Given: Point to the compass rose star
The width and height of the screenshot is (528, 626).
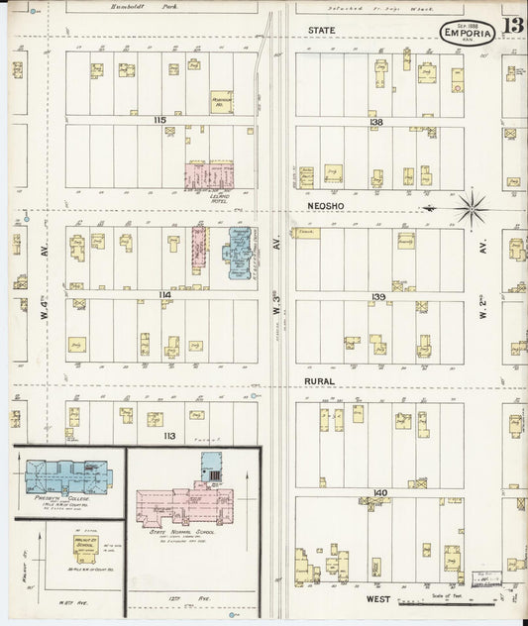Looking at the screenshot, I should pos(470,208).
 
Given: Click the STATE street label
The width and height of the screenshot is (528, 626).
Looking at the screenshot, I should pos(322,31).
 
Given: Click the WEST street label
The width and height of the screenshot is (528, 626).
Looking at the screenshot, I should pos(376,598).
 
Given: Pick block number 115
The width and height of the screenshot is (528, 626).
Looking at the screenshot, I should pos(158,120).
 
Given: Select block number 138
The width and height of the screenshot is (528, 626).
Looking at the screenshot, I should pos(375,122).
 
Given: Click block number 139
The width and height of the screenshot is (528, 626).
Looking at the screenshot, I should pos(377,296).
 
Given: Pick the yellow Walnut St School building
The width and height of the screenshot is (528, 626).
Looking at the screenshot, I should pos(86,544).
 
